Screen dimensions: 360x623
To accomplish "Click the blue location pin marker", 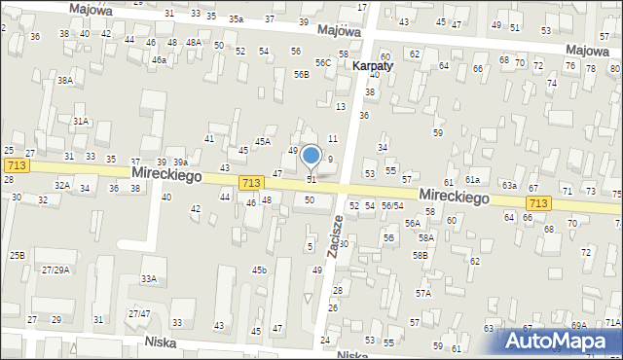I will [311, 157].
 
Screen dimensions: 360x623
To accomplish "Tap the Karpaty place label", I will [373, 66].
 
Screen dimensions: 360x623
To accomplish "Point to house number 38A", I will [64, 81].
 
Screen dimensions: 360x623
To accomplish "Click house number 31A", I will [81, 122].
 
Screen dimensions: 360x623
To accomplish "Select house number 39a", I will [180, 162].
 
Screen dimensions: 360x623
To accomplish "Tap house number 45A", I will [263, 142].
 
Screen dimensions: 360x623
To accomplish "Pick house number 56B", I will [302, 75].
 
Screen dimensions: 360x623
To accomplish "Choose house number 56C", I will [322, 63].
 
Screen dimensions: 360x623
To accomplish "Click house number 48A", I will [194, 43].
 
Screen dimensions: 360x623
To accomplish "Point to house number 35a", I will [237, 19].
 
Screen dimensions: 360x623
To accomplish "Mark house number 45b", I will [259, 270].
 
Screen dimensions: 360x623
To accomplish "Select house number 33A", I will [149, 279].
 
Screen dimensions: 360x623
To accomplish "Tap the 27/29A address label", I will [55, 270].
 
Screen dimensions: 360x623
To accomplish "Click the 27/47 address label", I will [139, 313].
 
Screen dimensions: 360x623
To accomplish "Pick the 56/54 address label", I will [392, 206].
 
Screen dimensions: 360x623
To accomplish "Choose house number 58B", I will [420, 255].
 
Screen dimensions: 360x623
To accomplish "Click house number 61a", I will [473, 180].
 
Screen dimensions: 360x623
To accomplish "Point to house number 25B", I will [18, 255].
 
